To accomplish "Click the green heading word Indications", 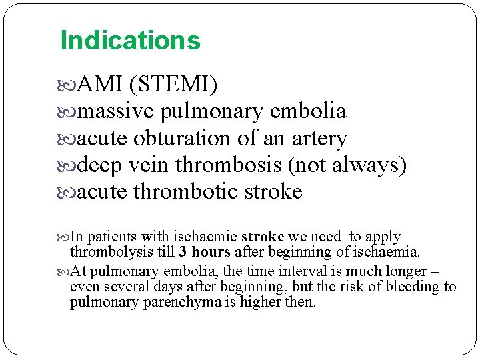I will point(130,41).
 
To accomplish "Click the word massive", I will point(114,111).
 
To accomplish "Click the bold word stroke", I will point(263,237).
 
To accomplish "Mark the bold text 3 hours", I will point(205,252).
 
